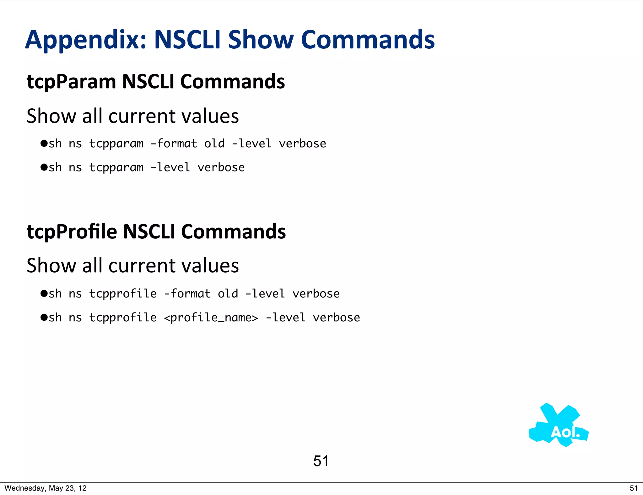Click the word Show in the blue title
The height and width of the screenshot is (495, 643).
point(261,40)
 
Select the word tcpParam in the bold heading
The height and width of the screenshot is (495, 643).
point(71,82)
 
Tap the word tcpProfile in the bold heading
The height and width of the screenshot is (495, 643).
point(72,232)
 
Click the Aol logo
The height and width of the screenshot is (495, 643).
point(559,426)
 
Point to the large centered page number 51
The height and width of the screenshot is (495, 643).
point(321,461)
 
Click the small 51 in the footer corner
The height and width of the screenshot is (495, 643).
point(634,488)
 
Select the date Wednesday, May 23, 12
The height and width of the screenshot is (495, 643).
point(46,488)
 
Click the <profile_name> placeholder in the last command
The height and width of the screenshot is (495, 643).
point(211,318)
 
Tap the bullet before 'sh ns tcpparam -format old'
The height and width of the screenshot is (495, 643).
point(44,144)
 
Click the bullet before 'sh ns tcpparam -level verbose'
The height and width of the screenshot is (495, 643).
point(44,167)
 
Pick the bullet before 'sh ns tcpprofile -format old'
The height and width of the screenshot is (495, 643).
point(44,294)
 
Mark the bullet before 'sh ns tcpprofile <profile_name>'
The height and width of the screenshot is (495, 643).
point(44,318)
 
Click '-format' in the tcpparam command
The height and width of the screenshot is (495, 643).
point(174,144)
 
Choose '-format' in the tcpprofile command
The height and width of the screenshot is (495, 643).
point(187,294)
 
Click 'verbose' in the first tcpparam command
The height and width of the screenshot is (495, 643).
point(302,144)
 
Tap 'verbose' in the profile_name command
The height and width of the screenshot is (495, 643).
point(336,318)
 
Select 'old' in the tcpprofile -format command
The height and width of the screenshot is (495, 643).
point(228,294)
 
